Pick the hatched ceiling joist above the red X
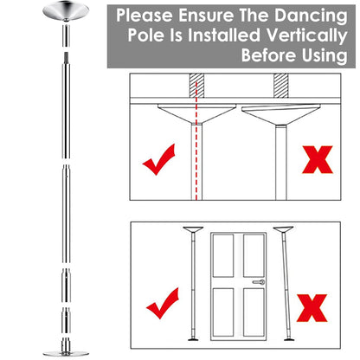(279, 86)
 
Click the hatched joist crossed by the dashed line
(198, 86)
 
